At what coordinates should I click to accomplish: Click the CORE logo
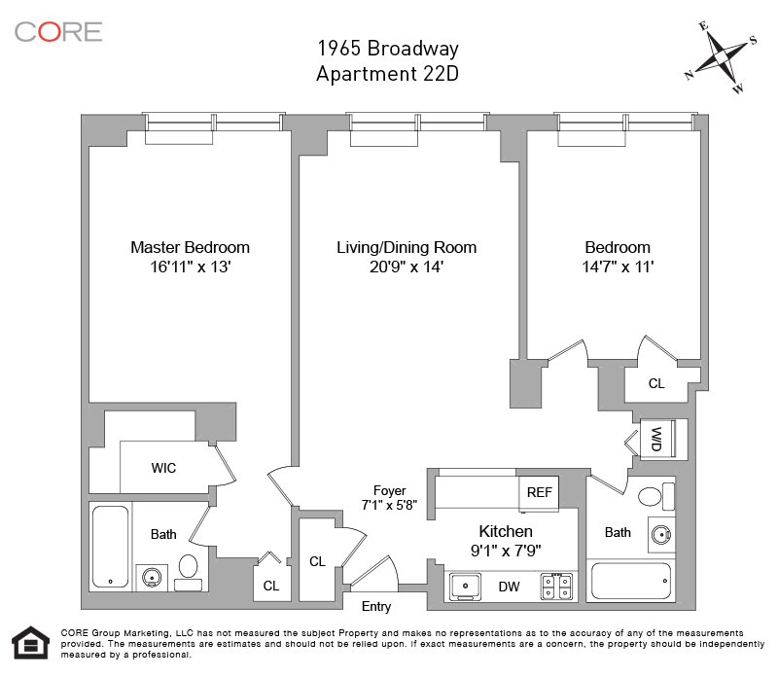click(58, 32)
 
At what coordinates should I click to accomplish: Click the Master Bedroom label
click(190, 247)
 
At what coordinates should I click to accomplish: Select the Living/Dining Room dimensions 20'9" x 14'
click(407, 267)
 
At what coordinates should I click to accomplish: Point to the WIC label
click(163, 468)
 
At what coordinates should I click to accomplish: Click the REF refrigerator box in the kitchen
click(539, 492)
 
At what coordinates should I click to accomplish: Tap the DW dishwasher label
click(509, 587)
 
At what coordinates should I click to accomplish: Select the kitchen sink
click(466, 587)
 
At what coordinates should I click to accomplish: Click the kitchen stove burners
click(556, 587)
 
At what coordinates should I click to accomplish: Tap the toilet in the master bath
click(188, 573)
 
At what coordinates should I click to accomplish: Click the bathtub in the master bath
click(111, 547)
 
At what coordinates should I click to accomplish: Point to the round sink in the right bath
click(661, 535)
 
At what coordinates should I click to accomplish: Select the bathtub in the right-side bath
click(631, 581)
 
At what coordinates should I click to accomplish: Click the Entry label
click(376, 607)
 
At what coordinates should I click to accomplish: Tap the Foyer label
click(390, 490)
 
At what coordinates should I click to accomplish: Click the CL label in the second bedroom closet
click(656, 383)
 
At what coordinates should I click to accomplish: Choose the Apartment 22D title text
click(387, 74)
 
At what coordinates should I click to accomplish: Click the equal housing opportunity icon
click(31, 642)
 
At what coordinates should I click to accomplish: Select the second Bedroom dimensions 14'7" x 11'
click(618, 267)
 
